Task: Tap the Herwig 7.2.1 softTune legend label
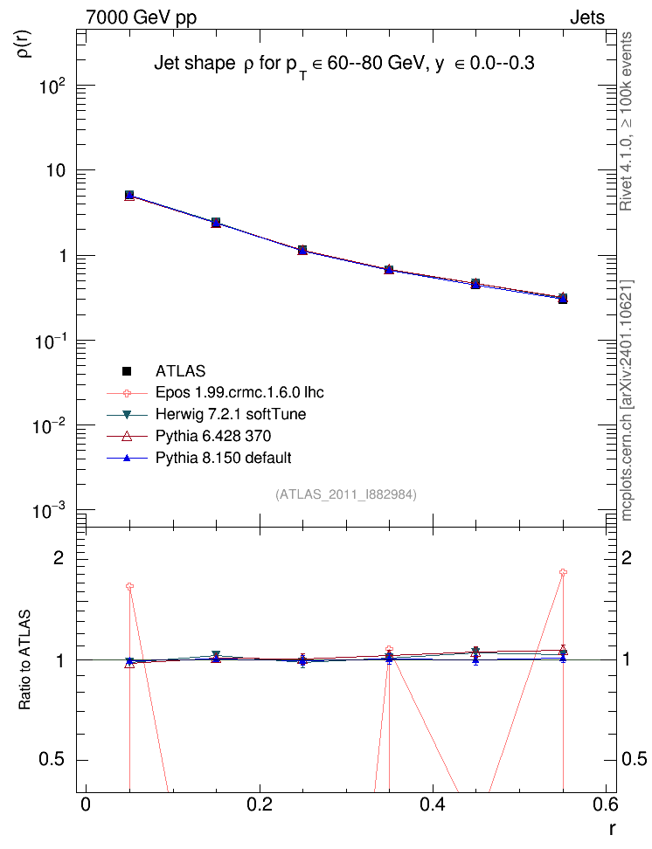[x=231, y=414]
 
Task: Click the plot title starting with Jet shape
[x=344, y=65]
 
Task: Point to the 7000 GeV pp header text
[x=141, y=17]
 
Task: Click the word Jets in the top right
[x=587, y=17]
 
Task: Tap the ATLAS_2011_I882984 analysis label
[x=346, y=494]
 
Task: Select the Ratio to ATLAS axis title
[x=24, y=659]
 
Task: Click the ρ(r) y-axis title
[x=24, y=44]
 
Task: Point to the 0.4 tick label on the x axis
[x=433, y=804]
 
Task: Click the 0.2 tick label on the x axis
[x=260, y=804]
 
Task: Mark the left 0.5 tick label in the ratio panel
[x=52, y=759]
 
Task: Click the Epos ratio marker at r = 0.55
[x=563, y=572]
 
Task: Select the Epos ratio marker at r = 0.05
[x=129, y=586]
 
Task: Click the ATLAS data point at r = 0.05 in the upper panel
[x=129, y=195]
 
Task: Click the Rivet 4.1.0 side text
[x=626, y=121]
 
